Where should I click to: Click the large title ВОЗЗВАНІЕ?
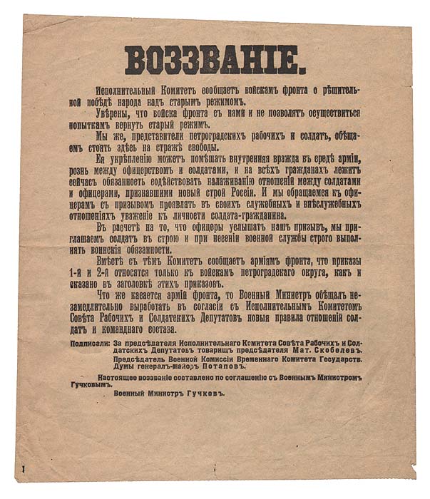click(x=215, y=60)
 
